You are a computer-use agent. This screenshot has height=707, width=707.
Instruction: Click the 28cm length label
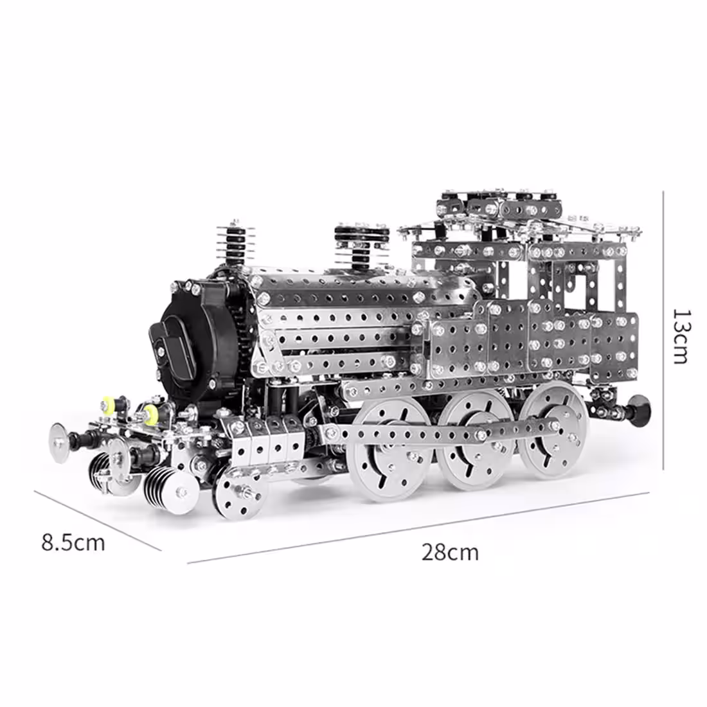point(449,552)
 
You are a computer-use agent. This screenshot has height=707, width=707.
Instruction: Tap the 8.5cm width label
point(73,542)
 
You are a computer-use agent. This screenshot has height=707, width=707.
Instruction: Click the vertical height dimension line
point(663,330)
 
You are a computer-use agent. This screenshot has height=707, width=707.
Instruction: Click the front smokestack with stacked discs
point(235,244)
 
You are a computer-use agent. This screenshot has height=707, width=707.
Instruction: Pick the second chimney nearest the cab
point(362,246)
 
